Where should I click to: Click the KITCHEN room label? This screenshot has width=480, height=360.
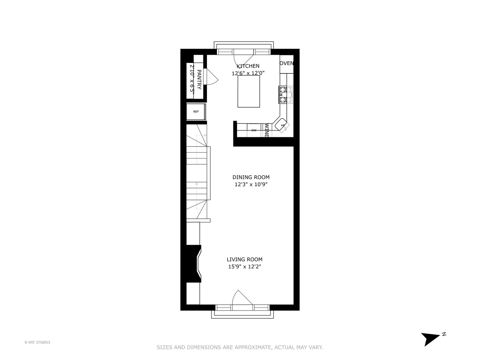point(248,66)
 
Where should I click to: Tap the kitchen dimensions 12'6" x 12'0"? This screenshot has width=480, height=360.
point(248,73)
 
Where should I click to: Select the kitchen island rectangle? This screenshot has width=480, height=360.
point(249,91)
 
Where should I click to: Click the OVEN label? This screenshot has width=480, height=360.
point(287,63)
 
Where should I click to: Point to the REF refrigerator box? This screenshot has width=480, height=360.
point(196,112)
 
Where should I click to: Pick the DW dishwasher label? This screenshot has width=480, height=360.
point(254,130)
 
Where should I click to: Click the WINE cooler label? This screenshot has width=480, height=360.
point(267,130)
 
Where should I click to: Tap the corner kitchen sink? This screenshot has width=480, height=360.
point(281,125)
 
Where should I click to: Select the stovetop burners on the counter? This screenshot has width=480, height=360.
point(286,94)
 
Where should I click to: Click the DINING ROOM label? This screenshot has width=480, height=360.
point(251,177)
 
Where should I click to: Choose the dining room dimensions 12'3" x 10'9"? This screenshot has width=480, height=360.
point(251,184)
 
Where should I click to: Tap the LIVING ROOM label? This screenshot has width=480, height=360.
point(244,259)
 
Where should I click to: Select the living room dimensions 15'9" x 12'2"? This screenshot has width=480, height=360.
point(244,267)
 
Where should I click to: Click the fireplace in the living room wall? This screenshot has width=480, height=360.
point(194,264)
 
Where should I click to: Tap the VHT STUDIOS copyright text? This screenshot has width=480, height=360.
point(37,342)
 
